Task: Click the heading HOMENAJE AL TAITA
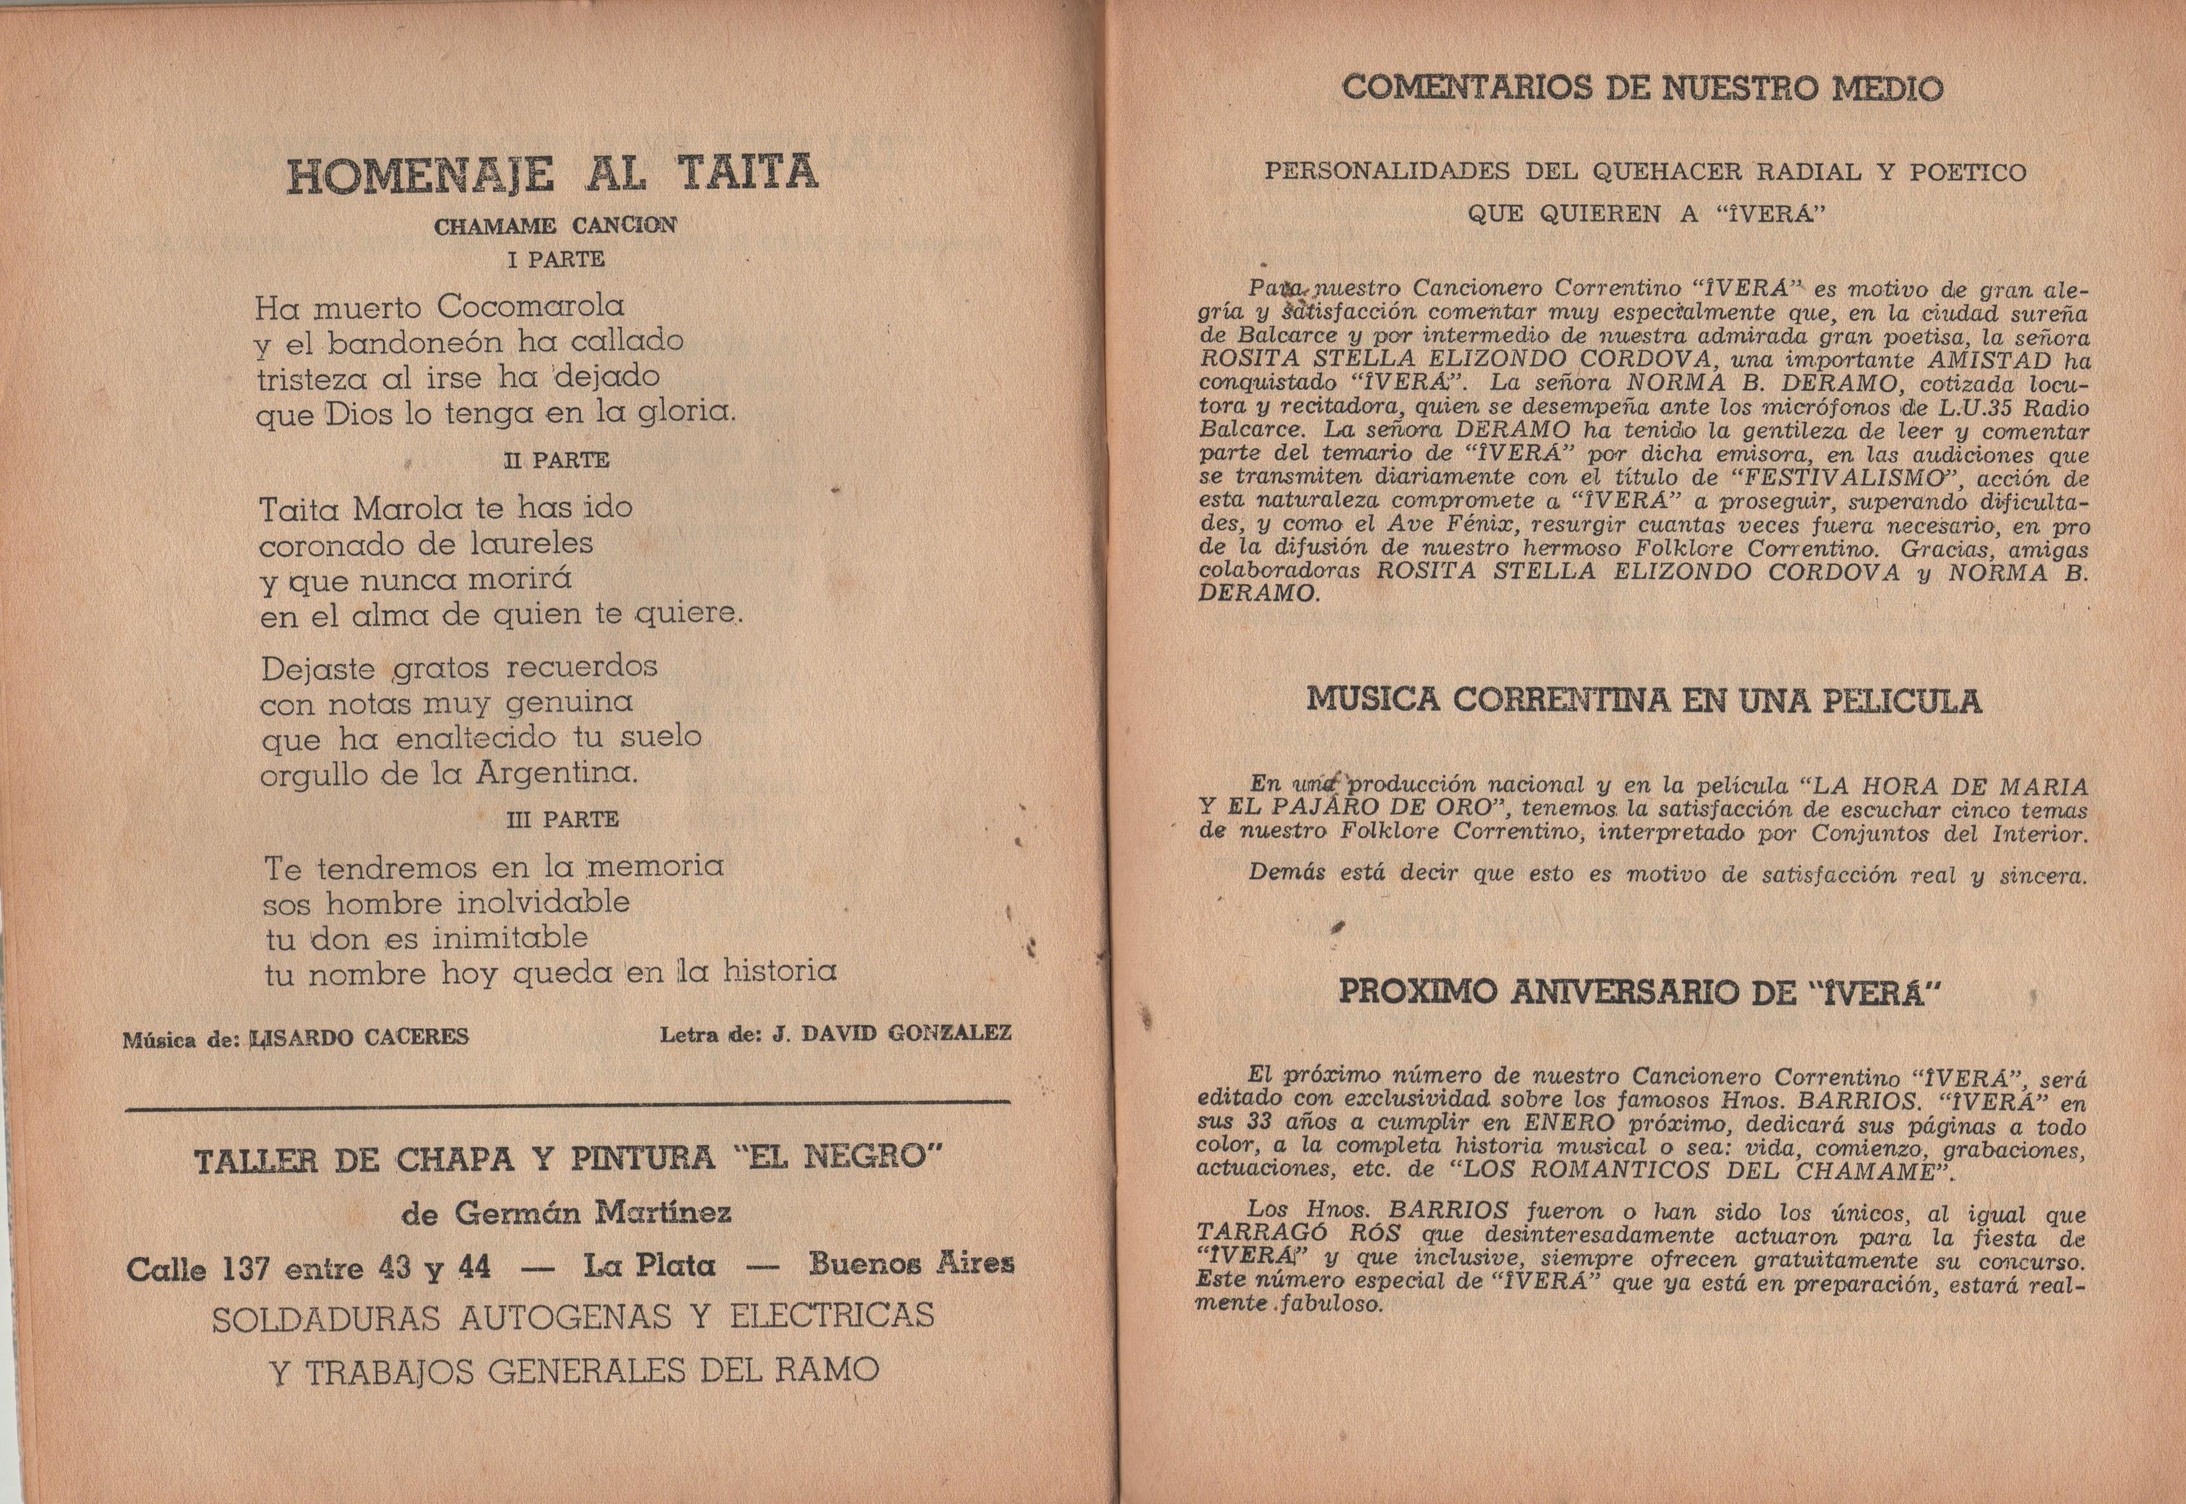pyautogui.click(x=552, y=175)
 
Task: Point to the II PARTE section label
pyautogui.click(x=556, y=461)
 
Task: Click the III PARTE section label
pyautogui.click(x=561, y=820)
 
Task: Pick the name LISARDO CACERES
pyautogui.click(x=359, y=1038)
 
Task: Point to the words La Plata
pyautogui.click(x=648, y=1266)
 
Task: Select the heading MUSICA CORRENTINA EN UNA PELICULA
pyautogui.click(x=1643, y=701)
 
